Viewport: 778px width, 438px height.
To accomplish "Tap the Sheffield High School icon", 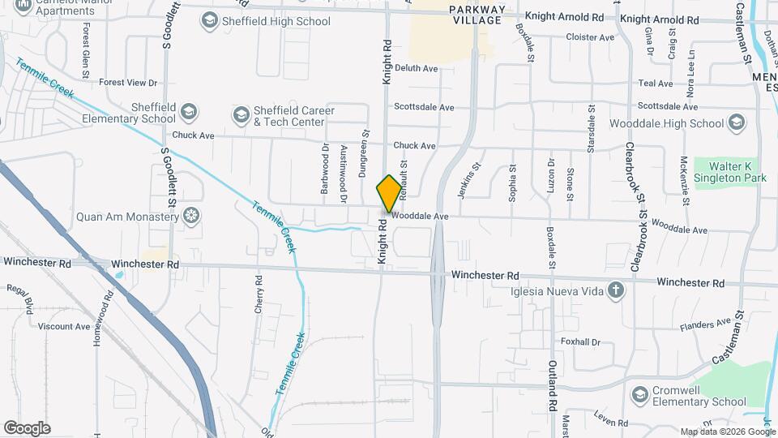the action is point(209,20).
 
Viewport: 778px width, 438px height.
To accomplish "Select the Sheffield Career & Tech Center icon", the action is point(241,116).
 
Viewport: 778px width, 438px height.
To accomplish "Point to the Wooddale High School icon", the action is point(737,123).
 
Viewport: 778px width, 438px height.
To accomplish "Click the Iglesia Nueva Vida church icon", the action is point(616,291).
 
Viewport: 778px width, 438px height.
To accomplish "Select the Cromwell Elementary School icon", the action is point(639,395).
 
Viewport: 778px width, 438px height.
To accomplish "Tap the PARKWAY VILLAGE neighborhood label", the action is point(478,15).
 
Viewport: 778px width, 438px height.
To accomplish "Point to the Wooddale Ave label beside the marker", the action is point(420,217).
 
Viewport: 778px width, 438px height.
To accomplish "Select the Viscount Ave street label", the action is point(64,326).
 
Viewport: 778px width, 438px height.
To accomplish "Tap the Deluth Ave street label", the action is point(416,68).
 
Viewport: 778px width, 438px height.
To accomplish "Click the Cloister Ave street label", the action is point(591,37).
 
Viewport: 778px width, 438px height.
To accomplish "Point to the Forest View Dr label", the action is point(128,83).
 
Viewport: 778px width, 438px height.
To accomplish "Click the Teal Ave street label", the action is point(656,84).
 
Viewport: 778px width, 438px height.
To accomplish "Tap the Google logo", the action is point(27,427).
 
